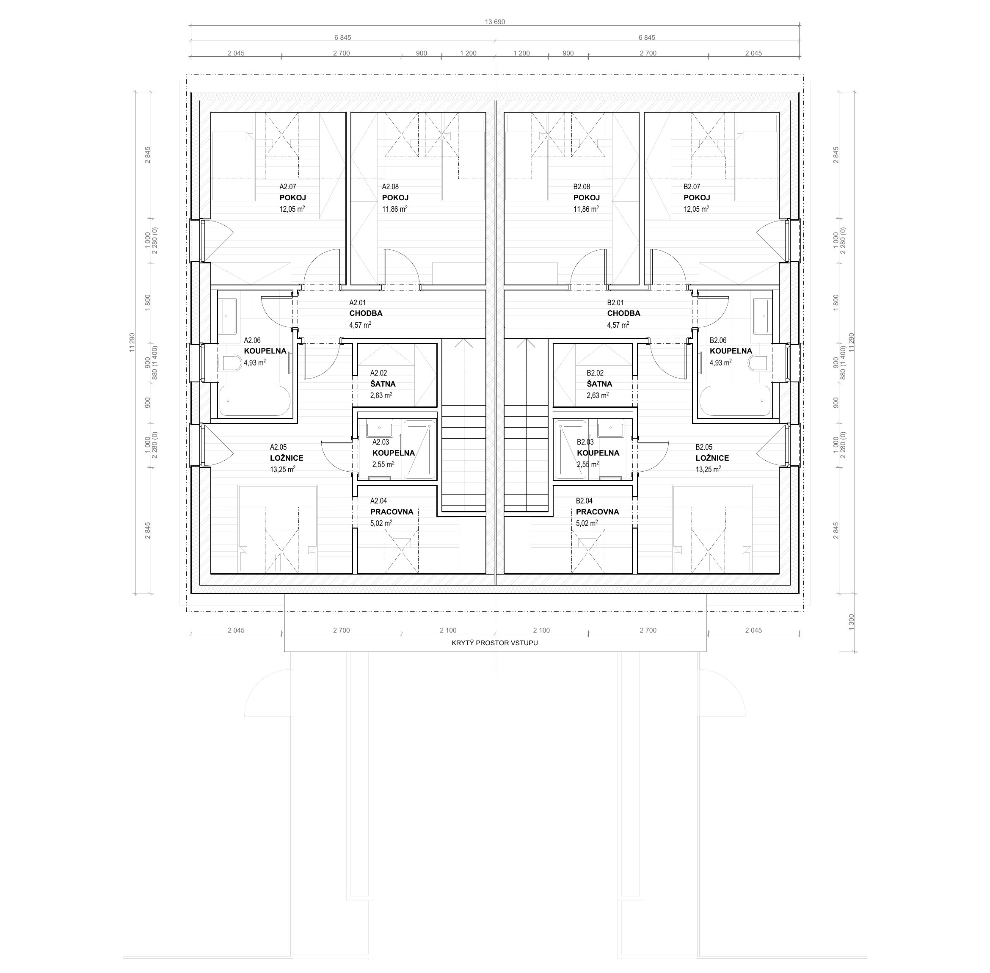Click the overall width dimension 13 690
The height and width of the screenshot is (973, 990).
494,22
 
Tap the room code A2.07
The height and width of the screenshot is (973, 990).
287,187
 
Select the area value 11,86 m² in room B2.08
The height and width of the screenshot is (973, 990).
586,209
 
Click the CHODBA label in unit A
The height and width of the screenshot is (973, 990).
366,313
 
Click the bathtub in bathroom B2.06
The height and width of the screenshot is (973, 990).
735,401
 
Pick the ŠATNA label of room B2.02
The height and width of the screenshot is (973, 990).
599,384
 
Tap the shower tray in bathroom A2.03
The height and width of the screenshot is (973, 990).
419,450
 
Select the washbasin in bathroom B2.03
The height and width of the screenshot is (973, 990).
610,430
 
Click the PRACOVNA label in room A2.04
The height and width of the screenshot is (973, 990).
392,511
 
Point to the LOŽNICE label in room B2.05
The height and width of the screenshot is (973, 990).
712,458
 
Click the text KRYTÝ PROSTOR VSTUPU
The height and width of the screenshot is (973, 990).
494,643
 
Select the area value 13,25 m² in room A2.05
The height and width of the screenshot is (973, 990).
282,469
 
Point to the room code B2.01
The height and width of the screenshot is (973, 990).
615,303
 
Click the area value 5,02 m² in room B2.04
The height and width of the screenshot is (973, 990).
587,523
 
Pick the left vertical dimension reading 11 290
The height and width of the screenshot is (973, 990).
132,343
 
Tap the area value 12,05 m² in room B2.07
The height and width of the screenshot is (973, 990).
696,209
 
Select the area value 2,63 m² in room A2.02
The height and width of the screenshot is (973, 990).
381,395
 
